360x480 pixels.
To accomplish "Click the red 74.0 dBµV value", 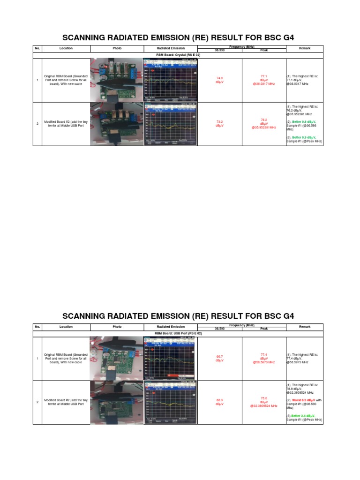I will pos(219,80).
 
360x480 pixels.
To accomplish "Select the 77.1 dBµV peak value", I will pos(263,80).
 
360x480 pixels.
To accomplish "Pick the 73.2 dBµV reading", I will pos(219,124).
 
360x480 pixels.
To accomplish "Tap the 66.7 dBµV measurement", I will pos(219,359).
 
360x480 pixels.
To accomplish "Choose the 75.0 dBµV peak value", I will pos(263,402).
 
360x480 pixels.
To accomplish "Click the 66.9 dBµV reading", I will pos(219,402).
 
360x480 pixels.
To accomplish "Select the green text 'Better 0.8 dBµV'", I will pos(304,121).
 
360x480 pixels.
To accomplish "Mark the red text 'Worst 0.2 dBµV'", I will pos(305,400).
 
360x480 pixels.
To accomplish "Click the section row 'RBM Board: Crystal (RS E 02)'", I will pos(178,55).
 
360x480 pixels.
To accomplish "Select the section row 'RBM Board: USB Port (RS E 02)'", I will pos(178,334).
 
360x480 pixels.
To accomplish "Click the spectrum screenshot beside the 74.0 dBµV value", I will pos(170,80).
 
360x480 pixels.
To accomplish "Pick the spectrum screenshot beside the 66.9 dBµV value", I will pos(170,402).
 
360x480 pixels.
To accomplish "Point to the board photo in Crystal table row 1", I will pos(116,80).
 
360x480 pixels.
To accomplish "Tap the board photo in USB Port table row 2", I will pos(116,402).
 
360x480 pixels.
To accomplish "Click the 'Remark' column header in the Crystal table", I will pos(305,48).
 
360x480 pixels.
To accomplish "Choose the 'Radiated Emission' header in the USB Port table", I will pos(170,327).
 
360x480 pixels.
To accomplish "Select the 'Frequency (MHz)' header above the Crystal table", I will pos(242,47).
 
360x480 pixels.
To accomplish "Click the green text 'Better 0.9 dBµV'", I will pos(304,137).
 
